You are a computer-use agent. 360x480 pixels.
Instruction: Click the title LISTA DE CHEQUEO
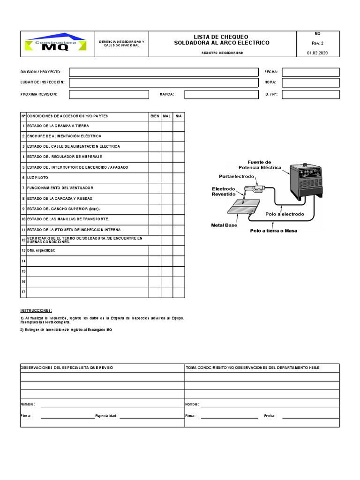pyautogui.click(x=221, y=37)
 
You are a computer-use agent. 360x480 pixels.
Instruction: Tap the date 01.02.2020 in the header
pyautogui.click(x=317, y=53)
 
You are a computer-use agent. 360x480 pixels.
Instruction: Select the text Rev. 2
pyautogui.click(x=317, y=43)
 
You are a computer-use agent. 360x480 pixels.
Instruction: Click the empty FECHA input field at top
pyautogui.click(x=310, y=72)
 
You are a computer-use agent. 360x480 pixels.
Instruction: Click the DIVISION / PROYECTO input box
pyautogui.click(x=164, y=72)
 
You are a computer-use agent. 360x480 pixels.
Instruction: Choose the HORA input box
pyautogui.click(x=310, y=82)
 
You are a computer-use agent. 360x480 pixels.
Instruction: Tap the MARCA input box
pyautogui.click(x=221, y=94)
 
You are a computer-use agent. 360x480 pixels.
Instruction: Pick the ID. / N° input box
pyautogui.click(x=310, y=94)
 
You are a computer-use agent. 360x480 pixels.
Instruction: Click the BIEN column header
pyautogui.click(x=155, y=116)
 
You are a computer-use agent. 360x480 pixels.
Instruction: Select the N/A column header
pyautogui.click(x=179, y=116)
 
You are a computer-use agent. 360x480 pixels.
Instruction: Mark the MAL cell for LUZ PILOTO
pyautogui.click(x=167, y=178)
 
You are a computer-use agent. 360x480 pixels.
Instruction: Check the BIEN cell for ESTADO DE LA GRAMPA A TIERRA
pyautogui.click(x=155, y=126)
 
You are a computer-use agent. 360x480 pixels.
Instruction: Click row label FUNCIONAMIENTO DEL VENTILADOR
pyautogui.click(x=60, y=188)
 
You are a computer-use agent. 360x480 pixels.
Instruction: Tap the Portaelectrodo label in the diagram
pyautogui.click(x=236, y=176)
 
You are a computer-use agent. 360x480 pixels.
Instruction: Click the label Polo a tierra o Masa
pyautogui.click(x=273, y=231)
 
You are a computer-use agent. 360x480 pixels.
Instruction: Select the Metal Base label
pyautogui.click(x=224, y=225)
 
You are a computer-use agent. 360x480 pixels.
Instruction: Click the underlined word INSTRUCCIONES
pyautogui.click(x=36, y=311)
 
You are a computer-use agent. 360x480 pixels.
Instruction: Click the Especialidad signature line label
pyautogui.click(x=106, y=416)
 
